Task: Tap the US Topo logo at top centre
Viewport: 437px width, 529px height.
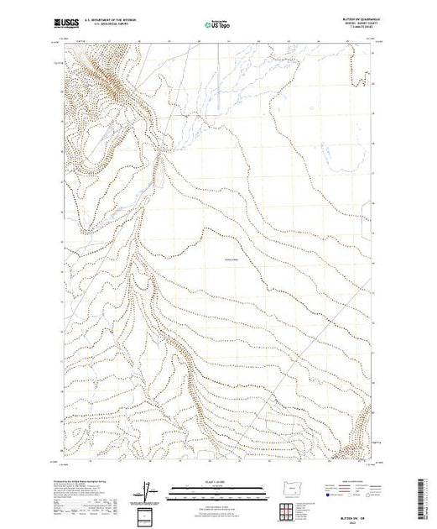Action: pyautogui.click(x=218, y=23)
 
